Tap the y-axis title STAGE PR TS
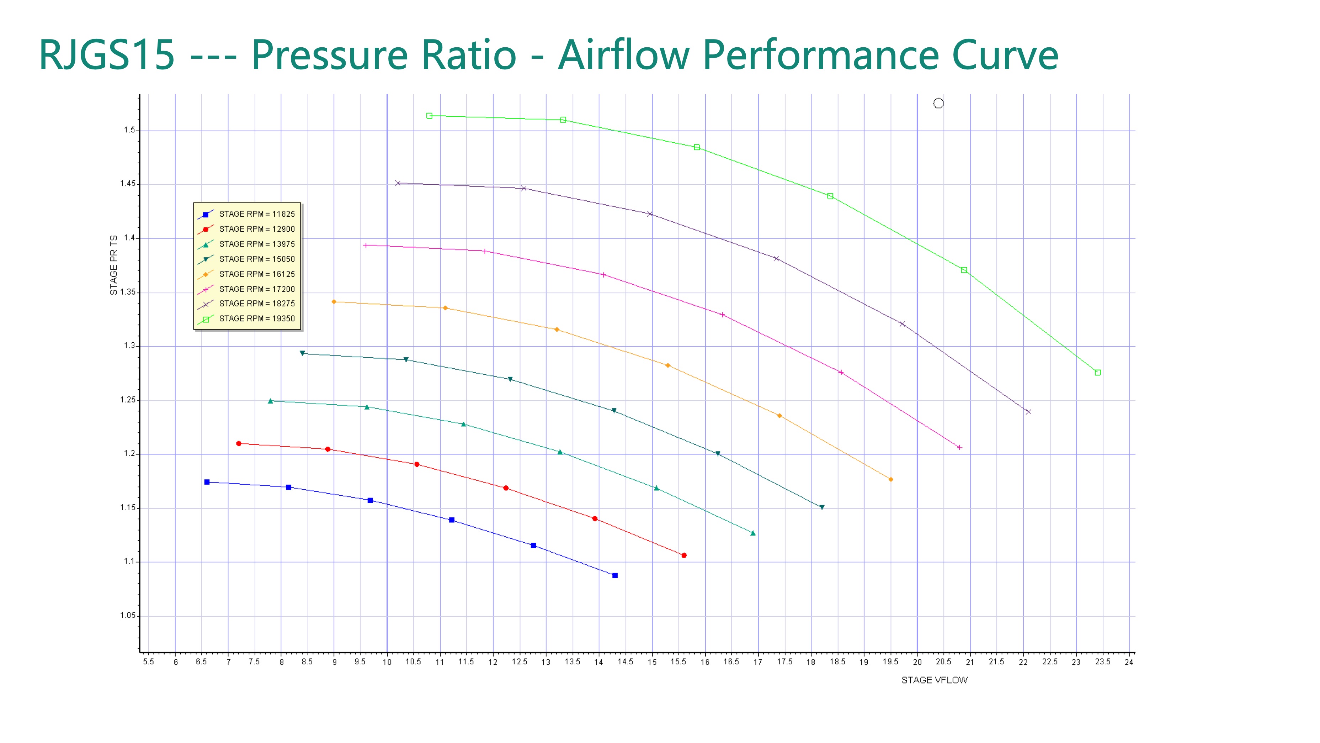tap(114, 265)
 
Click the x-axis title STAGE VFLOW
tap(934, 680)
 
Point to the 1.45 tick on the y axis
tap(128, 184)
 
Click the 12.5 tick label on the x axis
tap(519, 662)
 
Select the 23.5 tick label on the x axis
tap(1102, 662)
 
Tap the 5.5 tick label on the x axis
tap(148, 662)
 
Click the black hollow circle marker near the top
tap(938, 104)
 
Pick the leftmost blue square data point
tap(207, 482)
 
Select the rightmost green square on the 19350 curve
tap(1098, 373)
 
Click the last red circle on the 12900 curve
tap(684, 555)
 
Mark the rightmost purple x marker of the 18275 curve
tap(1028, 412)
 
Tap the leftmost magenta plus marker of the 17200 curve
tap(365, 246)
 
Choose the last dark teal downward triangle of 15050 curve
tap(822, 507)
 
